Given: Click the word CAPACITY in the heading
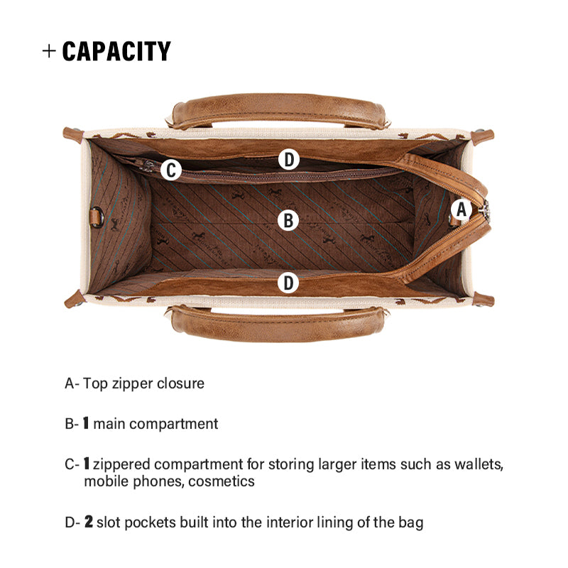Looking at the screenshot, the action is coord(116,51).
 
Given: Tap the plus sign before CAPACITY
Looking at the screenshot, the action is coord(49,51).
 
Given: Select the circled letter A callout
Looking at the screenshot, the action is coord(461,209).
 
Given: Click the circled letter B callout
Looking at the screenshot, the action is coord(288,220).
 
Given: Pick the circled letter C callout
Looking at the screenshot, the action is coord(171,170).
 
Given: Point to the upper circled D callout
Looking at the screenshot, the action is coord(289,159).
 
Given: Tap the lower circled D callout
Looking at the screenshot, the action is coord(288,283).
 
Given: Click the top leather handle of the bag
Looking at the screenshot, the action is coord(279,111).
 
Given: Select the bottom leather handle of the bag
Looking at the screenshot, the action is coord(278,323).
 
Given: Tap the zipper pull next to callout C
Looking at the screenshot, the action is coord(148,165).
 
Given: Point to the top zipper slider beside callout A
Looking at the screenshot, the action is coord(484,209).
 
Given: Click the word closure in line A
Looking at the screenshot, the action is coord(181,383).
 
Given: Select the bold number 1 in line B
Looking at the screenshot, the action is coord(86,423).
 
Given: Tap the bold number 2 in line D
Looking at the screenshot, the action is coord(89,522).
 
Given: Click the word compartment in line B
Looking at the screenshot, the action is coord(173,424).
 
